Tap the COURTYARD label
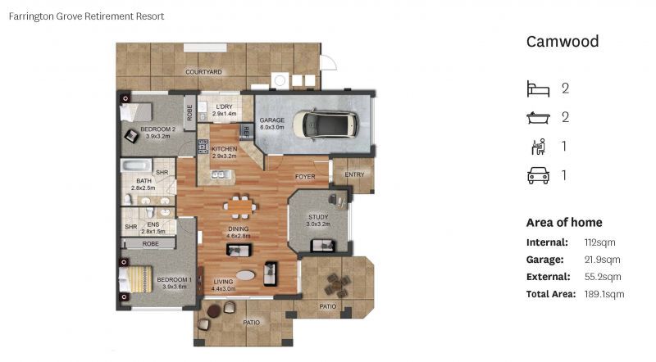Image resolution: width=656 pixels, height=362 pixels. (x=203, y=72)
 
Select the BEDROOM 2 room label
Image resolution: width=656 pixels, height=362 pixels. (x=157, y=129)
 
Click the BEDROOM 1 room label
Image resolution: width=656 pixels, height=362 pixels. (x=174, y=280)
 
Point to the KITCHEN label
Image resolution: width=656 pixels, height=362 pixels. (x=224, y=149)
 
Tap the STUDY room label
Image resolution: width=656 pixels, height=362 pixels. (x=318, y=217)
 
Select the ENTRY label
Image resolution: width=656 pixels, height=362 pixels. (x=354, y=174)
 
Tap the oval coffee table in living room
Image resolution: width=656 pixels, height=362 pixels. (x=245, y=275)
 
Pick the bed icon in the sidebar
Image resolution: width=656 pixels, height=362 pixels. (x=537, y=88)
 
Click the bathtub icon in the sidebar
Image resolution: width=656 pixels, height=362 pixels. (x=537, y=117)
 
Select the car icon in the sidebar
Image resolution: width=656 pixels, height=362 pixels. (x=537, y=174)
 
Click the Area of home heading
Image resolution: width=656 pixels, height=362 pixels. (x=563, y=223)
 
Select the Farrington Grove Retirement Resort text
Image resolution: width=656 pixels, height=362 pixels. (x=85, y=16)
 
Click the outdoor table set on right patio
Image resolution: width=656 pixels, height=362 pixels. (x=337, y=285)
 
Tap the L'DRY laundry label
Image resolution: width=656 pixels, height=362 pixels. (x=224, y=107)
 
